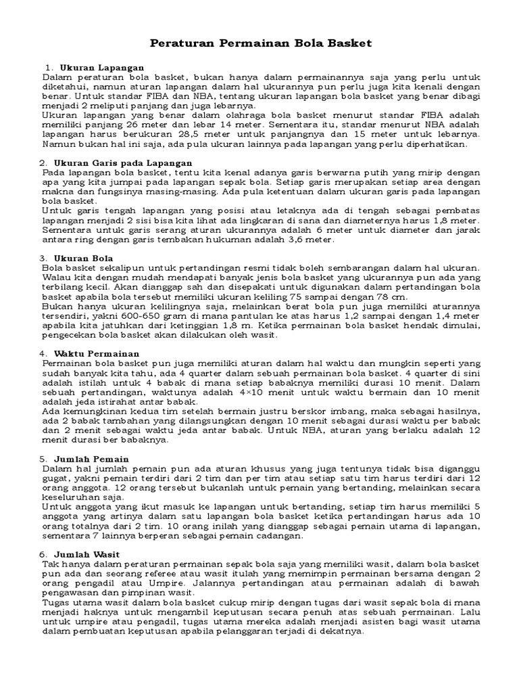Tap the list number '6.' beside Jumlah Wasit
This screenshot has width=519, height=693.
tap(43, 554)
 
